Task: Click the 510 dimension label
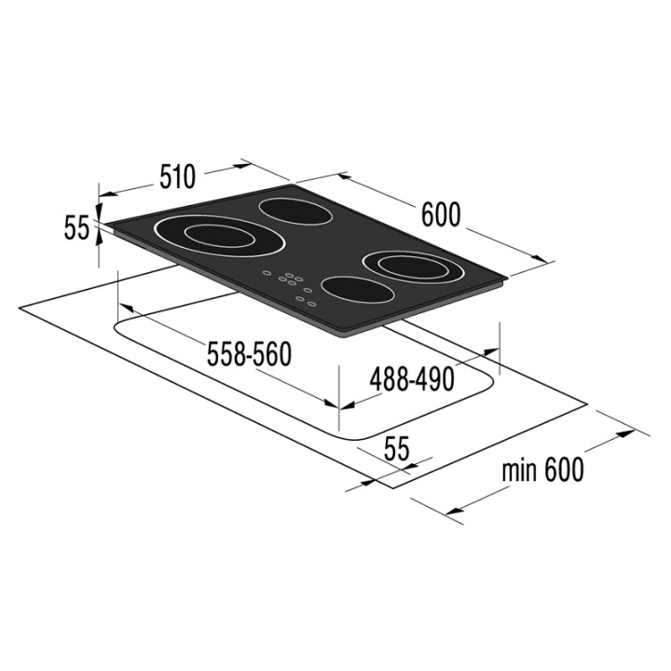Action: point(178,176)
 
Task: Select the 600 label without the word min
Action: point(441,214)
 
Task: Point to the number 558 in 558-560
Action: point(226,354)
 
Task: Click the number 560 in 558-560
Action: point(272,354)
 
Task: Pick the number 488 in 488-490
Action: point(388,379)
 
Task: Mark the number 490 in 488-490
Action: point(434,379)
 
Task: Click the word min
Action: point(519,471)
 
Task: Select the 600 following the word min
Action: point(564,470)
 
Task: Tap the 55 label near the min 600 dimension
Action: point(397,448)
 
